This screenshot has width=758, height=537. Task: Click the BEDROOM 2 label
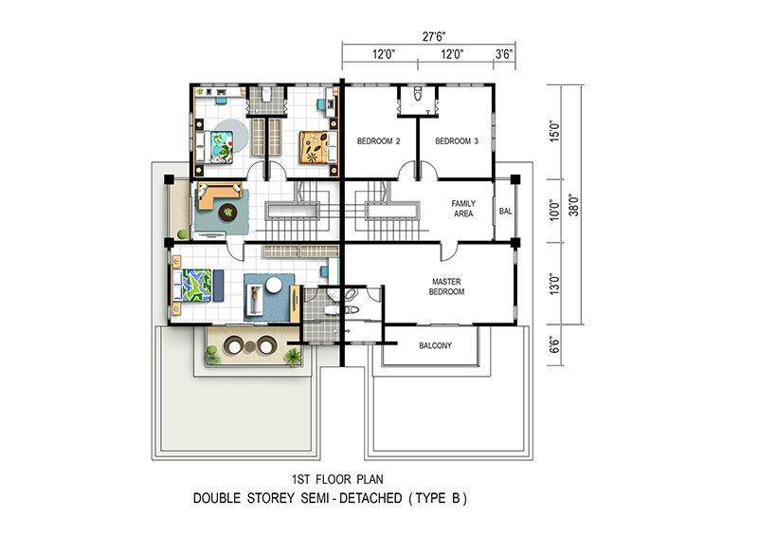pos(378,141)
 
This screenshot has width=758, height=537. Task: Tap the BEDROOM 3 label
pos(457,141)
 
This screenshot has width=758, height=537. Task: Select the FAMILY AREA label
pos(463,209)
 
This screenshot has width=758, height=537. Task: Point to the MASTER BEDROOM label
pos(446,287)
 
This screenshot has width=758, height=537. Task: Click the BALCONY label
pos(435,345)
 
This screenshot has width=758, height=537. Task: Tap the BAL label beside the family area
pos(505,212)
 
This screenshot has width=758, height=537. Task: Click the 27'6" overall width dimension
pos(434,36)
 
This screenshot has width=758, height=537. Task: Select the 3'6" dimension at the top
pos(504,54)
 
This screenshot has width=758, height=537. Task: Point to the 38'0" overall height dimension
pos(574,205)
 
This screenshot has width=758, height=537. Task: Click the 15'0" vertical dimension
pos(554,131)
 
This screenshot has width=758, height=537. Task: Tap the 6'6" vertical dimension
pos(554,345)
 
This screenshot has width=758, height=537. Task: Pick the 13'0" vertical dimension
pos(554,285)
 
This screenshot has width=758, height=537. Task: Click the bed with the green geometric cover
pos(192,286)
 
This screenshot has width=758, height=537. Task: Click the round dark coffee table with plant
pos(227,213)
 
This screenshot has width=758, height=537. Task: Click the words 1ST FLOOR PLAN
pos(337,479)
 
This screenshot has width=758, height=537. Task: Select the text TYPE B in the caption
pos(438,498)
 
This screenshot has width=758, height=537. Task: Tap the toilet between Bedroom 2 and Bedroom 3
pos(418,93)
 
